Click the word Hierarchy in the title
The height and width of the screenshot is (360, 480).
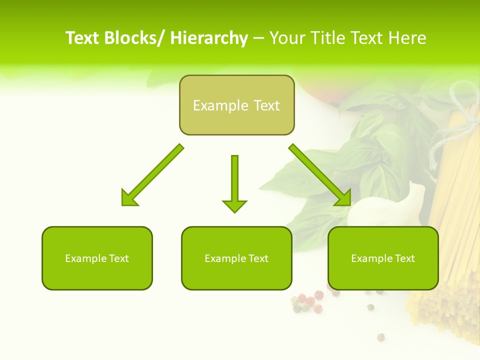coord(209,38)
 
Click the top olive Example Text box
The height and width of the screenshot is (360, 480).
coord(236,105)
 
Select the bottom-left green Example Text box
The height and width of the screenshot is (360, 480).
coord(97,258)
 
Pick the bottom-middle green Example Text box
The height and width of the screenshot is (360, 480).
coord(236,258)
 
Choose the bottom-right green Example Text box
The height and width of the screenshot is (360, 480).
coord(383,258)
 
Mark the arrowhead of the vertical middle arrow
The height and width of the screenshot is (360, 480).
coord(234,205)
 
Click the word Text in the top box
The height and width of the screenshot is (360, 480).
coord(264,105)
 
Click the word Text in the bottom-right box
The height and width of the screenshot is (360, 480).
coord(403,258)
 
